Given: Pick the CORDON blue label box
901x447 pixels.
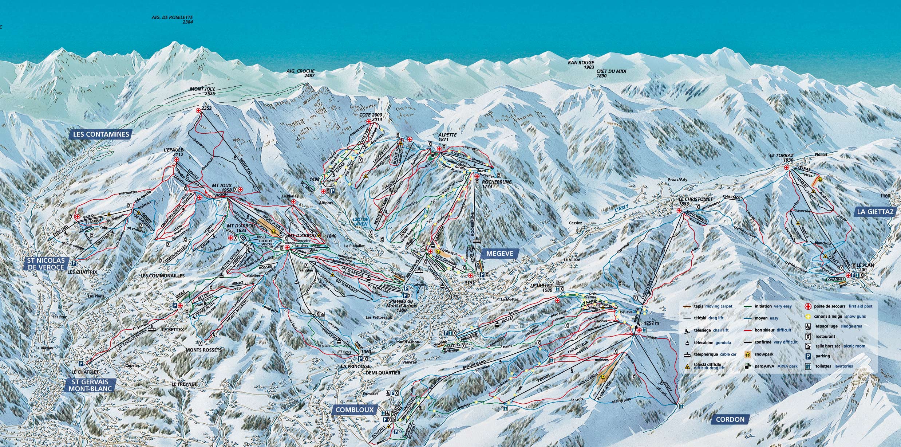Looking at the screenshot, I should point(730,419).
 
